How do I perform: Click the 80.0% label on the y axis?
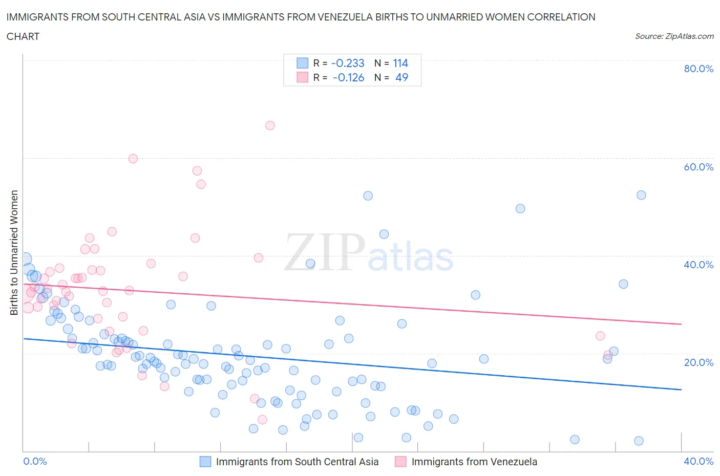pos(698,69)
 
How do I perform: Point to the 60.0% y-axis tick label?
pos(698,167)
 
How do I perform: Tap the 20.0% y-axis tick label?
pos(698,362)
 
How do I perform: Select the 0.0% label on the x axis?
pos(35,461)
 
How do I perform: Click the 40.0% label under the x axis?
pos(698,461)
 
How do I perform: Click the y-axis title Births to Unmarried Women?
pos(14,253)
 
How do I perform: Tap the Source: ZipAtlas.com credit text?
pos(674,36)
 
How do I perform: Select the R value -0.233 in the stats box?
pos(348,63)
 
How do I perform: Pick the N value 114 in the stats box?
pos(400,63)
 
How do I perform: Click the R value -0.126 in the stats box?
pos(348,77)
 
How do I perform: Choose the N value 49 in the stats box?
pos(402,77)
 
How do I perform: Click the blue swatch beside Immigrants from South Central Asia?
pos(205,462)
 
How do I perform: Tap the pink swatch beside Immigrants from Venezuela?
pos(400,462)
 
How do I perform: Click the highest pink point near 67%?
pos(270,125)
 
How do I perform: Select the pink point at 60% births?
pos(133,159)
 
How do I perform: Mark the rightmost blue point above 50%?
pos(641,195)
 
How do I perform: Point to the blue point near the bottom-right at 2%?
pos(639,441)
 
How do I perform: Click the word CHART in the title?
pos(23,36)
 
